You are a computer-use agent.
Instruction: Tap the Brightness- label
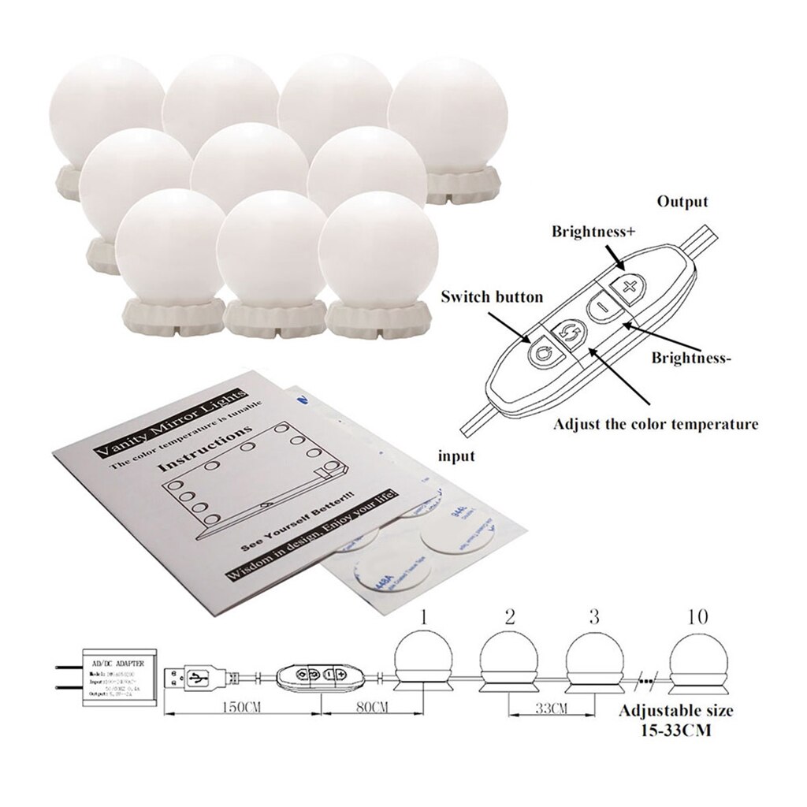click(691, 357)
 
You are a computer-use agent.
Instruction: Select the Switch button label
click(492, 297)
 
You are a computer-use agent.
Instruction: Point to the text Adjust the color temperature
click(656, 424)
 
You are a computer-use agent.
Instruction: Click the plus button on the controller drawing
click(629, 286)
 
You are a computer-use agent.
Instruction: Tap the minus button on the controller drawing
click(601, 306)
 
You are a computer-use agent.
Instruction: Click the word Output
click(682, 202)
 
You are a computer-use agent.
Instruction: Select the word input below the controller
click(456, 456)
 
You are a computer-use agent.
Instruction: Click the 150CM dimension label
click(240, 706)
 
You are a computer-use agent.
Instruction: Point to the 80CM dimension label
click(350, 706)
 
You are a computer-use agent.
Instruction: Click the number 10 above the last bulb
click(697, 616)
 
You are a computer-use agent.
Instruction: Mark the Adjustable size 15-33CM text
click(675, 720)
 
